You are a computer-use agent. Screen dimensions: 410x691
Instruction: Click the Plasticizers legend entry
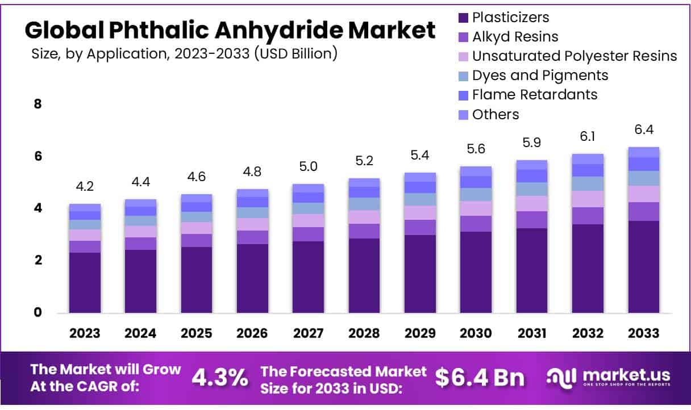coord(510,18)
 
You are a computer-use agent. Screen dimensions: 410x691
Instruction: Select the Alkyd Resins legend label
coord(515,37)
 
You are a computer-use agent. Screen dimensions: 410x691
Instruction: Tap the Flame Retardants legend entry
coord(535,94)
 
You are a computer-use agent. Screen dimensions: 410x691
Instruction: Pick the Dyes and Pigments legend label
coord(540,75)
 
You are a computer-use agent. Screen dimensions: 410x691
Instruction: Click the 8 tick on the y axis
coord(38,104)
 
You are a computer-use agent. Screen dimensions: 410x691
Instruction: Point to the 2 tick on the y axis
coord(38,260)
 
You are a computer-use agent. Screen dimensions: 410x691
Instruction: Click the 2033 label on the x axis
coord(643,333)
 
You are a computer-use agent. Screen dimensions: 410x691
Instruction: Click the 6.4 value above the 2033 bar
coord(643,131)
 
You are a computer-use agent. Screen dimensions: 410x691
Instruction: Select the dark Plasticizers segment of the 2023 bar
coord(85,282)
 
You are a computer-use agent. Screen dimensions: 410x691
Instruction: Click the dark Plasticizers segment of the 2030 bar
coord(476,271)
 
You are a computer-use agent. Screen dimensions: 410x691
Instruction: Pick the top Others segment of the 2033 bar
coord(643,152)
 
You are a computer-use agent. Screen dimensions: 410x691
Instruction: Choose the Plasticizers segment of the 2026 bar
coord(253,278)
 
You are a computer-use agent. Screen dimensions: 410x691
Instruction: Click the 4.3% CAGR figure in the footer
coord(219,377)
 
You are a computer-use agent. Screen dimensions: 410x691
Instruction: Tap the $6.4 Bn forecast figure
coord(480,377)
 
